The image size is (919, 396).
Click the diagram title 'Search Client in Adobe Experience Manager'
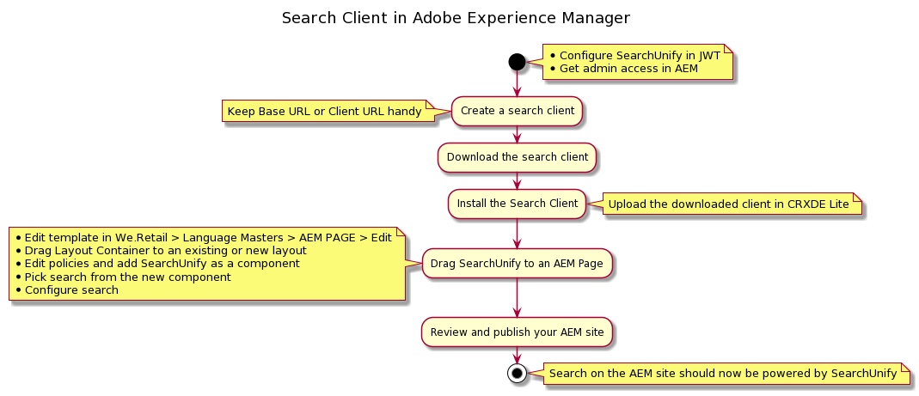coord(456,18)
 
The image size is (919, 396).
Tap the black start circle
coord(517,61)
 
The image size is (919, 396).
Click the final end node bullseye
coord(517,373)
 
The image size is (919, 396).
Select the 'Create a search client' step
coord(517,111)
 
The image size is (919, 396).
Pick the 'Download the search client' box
coord(517,157)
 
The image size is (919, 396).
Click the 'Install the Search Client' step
coord(517,204)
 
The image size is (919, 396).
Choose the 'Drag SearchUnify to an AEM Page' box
coord(517,263)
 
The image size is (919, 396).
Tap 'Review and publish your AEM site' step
coord(517,332)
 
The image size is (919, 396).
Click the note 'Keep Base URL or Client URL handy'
coord(325,112)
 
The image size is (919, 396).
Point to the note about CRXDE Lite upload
coord(729,204)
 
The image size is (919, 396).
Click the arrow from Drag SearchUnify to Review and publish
coord(517,297)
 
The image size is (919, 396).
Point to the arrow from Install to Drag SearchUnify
coord(517,232)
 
